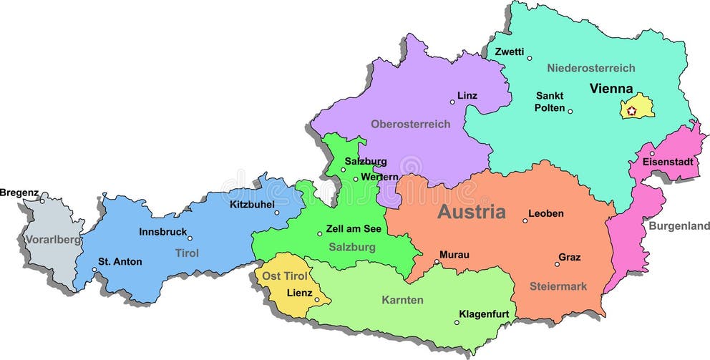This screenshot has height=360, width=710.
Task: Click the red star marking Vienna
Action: coord(631,111)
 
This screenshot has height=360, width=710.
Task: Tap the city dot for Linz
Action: coord(452,102)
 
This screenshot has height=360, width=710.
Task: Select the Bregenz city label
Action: coord(19,192)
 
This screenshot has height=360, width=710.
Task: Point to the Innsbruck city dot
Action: coord(190,238)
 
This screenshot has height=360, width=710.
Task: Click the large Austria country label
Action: coord(472,212)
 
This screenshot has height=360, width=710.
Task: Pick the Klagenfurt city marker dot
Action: coord(457,322)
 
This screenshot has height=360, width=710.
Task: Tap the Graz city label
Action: coord(570,257)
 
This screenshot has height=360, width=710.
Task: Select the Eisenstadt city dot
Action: coord(651,153)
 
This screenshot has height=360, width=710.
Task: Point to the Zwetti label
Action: coord(510,52)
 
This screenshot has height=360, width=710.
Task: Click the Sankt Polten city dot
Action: coord(570,111)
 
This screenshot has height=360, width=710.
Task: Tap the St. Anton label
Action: coord(120,261)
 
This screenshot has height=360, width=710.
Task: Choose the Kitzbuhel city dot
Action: coord(277,212)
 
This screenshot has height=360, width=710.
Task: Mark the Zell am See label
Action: coord(354,229)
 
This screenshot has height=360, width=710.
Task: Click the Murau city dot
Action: coord(437,262)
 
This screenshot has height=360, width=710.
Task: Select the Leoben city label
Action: coord(546,213)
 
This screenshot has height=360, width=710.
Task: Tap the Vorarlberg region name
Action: coord(52,239)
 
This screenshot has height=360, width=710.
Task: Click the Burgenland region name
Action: coord(679,226)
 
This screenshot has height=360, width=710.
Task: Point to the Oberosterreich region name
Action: coord(410,124)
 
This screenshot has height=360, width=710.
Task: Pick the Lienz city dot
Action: coord(318,299)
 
